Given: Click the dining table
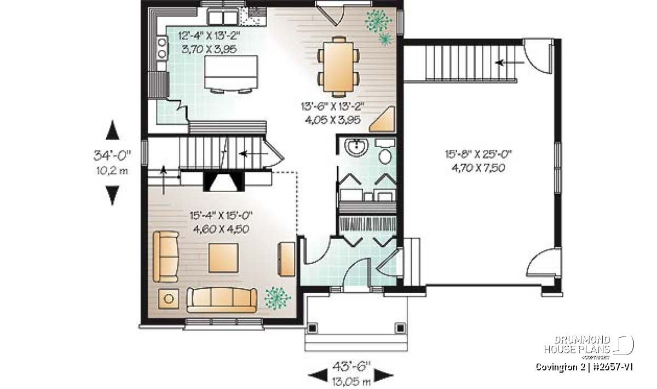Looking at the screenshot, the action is [x=338, y=67].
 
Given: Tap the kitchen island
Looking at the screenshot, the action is [x=232, y=72].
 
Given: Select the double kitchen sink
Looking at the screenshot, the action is [x=223, y=18].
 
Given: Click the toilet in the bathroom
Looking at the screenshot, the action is [x=385, y=152].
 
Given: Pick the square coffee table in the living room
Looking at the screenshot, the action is [x=223, y=258].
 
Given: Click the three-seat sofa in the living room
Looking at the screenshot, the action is [x=222, y=300].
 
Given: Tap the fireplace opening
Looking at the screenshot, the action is [x=223, y=182].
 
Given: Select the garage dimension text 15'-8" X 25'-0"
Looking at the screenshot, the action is [x=479, y=154].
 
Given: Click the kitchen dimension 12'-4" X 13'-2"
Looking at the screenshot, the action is [x=209, y=36].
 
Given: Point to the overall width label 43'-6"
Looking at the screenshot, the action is [x=351, y=366].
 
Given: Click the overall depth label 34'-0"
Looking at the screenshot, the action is [x=112, y=155].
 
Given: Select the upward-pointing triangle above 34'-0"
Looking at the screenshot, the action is [x=112, y=130].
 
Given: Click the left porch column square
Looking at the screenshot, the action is [x=312, y=328].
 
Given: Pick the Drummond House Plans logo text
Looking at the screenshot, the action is [x=577, y=345].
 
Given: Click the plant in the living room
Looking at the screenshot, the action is [x=277, y=298].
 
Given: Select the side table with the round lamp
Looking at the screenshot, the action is [x=169, y=299].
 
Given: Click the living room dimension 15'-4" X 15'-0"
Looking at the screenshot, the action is [x=221, y=216].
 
